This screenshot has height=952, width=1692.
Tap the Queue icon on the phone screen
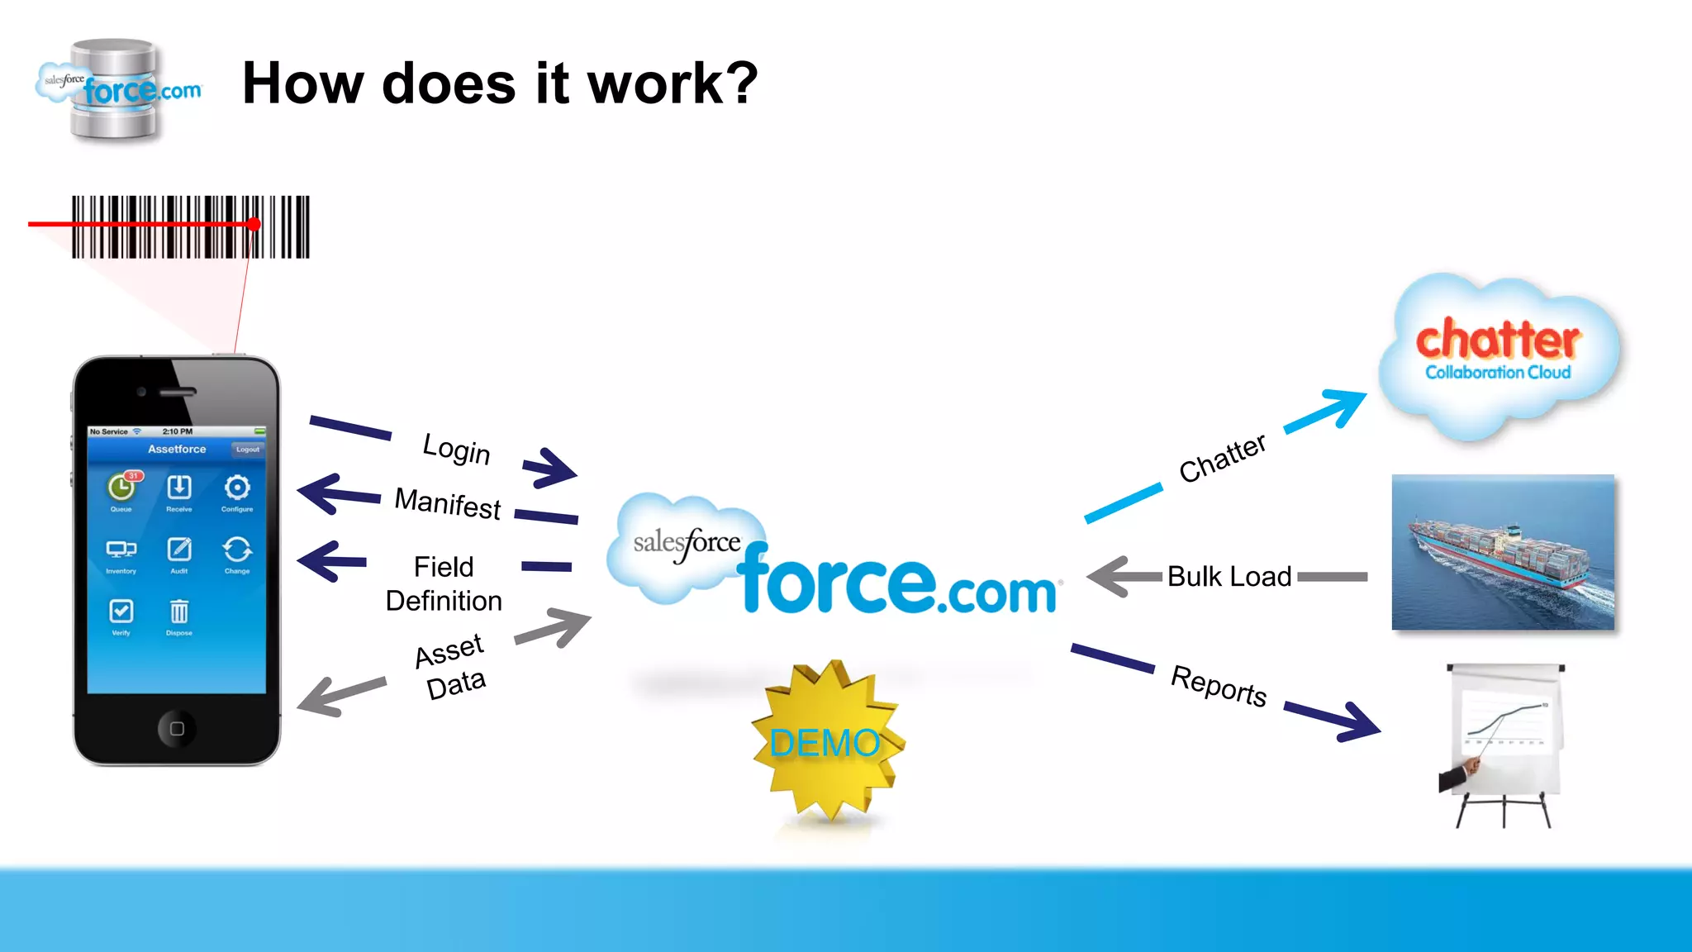pyautogui.click(x=121, y=488)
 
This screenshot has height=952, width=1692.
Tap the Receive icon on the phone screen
pyautogui.click(x=178, y=488)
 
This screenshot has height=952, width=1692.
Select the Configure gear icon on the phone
pyautogui.click(x=237, y=488)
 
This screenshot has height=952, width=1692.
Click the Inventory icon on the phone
pyautogui.click(x=121, y=550)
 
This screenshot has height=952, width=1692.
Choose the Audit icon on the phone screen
pyautogui.click(x=178, y=550)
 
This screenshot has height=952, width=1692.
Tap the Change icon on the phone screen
pyautogui.click(x=237, y=550)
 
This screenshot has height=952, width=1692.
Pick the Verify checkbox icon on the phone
pyautogui.click(x=121, y=612)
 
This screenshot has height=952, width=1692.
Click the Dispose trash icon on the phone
pyautogui.click(x=178, y=612)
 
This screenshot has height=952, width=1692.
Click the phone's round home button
pyautogui.click(x=177, y=728)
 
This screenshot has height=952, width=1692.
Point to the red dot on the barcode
pyautogui.click(x=254, y=224)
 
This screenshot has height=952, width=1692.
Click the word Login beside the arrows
pyautogui.click(x=456, y=449)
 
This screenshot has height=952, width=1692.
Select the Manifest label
pyautogui.click(x=448, y=502)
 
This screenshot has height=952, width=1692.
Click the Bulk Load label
pyautogui.click(x=1229, y=576)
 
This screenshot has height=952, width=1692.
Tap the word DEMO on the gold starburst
pyautogui.click(x=825, y=743)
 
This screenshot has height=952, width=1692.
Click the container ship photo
pyautogui.click(x=1503, y=552)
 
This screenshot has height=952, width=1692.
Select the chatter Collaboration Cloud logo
pyautogui.click(x=1498, y=351)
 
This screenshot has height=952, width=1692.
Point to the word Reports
pyautogui.click(x=1219, y=685)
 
